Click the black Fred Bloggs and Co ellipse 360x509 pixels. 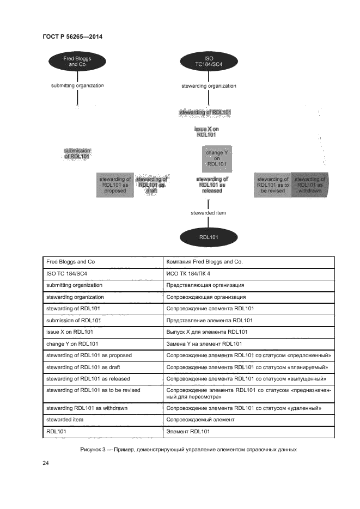77,61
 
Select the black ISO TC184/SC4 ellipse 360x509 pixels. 209,61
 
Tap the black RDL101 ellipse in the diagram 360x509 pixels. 209,237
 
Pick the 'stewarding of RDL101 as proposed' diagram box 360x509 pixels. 115,185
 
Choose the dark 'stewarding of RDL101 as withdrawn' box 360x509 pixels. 310,185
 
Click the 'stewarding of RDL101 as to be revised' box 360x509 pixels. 273,185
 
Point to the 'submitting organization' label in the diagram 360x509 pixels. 77,85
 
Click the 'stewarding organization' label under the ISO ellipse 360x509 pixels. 209,86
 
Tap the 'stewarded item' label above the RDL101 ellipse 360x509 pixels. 209,213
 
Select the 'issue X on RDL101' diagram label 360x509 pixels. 206,132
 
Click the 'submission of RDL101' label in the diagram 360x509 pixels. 77,154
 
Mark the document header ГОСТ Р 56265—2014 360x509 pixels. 72,36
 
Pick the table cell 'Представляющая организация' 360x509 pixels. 205,285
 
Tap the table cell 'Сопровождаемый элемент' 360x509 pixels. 200,420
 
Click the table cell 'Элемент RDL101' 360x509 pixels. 188,432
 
